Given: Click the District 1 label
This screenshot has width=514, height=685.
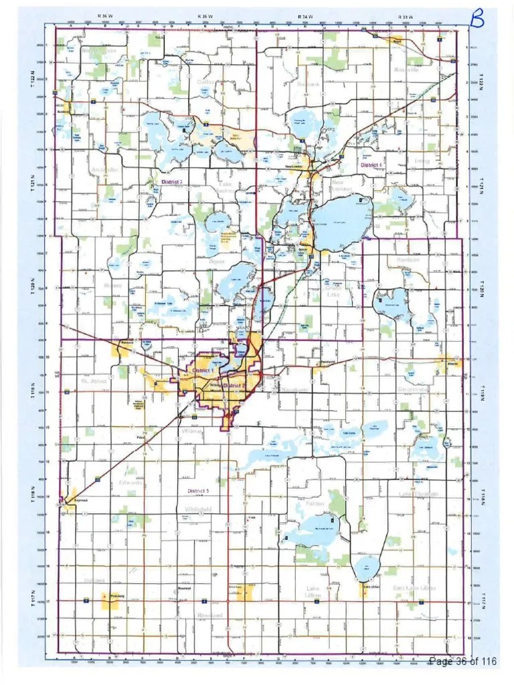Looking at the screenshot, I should (x=203, y=370).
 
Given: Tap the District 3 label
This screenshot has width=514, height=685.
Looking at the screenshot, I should (x=172, y=182).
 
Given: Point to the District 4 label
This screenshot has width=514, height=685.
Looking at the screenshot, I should (x=371, y=165).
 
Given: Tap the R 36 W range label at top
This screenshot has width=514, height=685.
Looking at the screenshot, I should (x=104, y=15).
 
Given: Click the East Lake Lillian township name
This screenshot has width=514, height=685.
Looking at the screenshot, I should (x=414, y=587).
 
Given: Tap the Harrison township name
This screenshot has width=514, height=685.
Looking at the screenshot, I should (x=407, y=260).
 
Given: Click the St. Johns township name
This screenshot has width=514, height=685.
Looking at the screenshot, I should (x=94, y=381).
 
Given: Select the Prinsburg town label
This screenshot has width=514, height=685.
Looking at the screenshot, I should (x=118, y=595).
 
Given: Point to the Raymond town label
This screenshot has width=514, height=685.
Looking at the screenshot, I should (x=81, y=499).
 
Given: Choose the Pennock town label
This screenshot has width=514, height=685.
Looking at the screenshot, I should (x=128, y=343).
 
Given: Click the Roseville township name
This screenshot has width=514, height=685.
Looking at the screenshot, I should (x=406, y=70).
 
